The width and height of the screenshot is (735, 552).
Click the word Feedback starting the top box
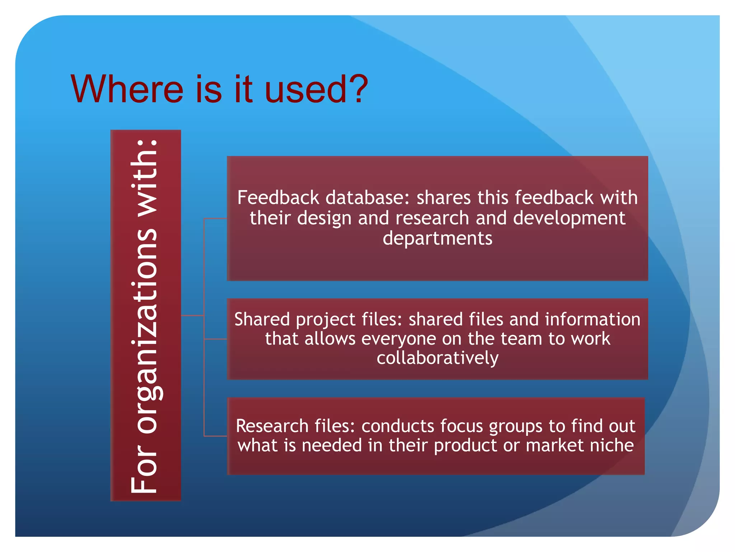click(x=278, y=198)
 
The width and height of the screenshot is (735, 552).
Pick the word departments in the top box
click(x=437, y=238)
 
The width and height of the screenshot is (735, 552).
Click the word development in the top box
click(x=569, y=218)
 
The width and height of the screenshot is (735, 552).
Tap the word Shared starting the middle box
click(x=262, y=319)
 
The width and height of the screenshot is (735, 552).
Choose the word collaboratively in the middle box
click(x=437, y=358)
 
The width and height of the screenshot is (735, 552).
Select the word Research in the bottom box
click(x=272, y=426)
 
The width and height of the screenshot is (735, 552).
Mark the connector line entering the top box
click(x=215, y=218)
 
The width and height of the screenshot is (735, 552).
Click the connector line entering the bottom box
click(x=215, y=436)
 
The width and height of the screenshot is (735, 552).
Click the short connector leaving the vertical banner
click(x=192, y=316)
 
